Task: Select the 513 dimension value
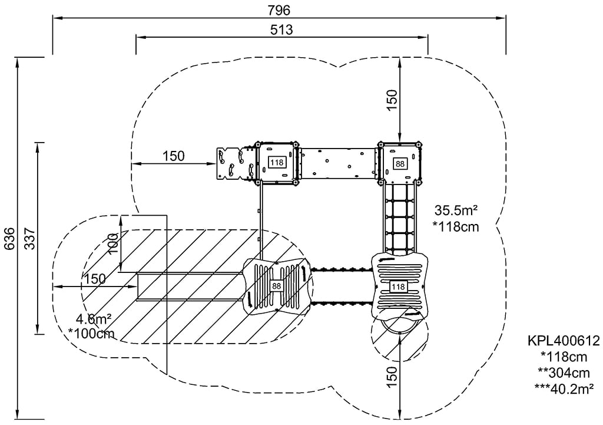tap(281, 29)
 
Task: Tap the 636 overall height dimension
tap(9, 239)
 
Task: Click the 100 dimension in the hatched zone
tap(114, 242)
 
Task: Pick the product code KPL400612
tap(564, 341)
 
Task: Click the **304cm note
tap(564, 372)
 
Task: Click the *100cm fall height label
tap(91, 334)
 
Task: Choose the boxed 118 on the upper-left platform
tap(276, 162)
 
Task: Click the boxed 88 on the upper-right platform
tap(400, 163)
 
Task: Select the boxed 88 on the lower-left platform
tap(276, 286)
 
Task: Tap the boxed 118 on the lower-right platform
tap(399, 286)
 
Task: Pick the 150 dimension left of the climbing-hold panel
tap(174, 156)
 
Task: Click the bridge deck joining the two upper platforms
tap(337, 162)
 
